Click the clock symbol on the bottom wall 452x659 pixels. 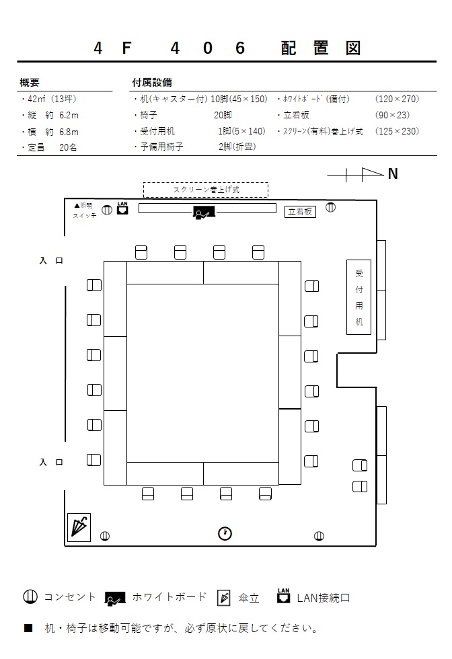225,533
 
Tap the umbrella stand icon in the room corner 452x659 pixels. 79,527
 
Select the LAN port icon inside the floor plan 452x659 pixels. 122,208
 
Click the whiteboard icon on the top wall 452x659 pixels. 204,212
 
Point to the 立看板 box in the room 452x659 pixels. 300,211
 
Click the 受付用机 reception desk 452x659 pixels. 359,297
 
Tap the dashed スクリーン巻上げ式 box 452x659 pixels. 206,190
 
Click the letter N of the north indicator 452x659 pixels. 393,173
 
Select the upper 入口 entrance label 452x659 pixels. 51,261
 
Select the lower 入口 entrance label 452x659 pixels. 51,463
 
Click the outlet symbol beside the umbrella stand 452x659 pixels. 105,536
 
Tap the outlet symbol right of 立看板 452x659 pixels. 331,207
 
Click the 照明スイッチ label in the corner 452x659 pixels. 85,210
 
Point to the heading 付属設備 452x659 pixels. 152,82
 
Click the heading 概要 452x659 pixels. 30,82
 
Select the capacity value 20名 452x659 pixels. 68,147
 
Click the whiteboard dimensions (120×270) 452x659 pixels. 397,99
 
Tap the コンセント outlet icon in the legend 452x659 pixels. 30,597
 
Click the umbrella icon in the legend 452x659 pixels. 224,598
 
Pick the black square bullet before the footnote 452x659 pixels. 28,628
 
